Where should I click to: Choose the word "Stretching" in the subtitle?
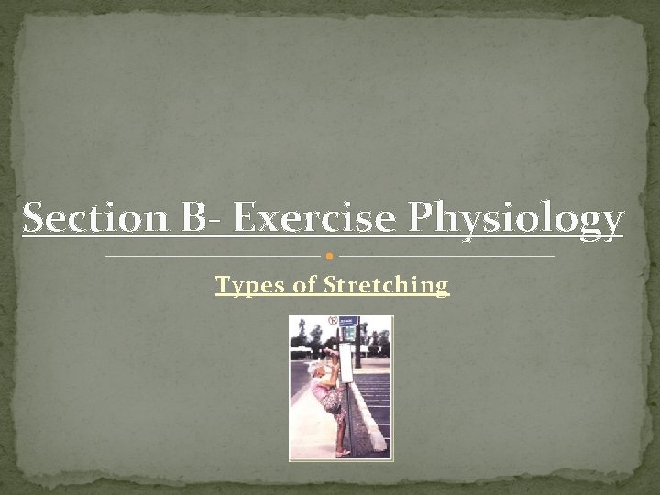click(x=386, y=286)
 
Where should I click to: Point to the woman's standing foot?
click(x=342, y=452)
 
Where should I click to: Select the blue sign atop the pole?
click(x=348, y=327)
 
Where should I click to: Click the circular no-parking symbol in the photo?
click(x=333, y=322)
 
